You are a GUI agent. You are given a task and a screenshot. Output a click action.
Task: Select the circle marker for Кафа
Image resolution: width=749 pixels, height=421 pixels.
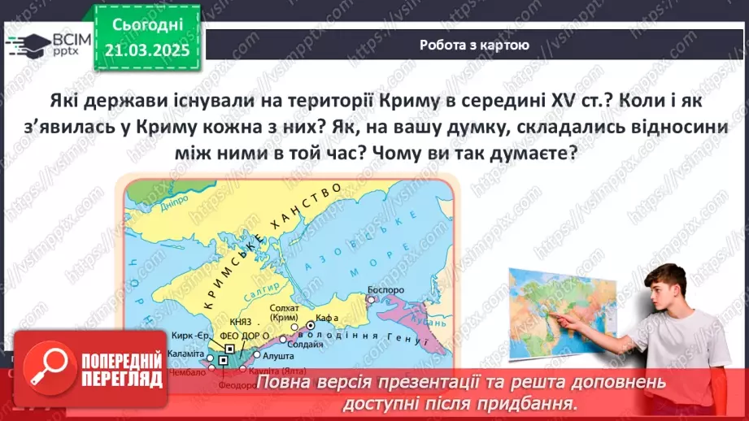point(310,325)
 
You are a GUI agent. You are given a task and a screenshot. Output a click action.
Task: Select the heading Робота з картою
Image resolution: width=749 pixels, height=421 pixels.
point(475,46)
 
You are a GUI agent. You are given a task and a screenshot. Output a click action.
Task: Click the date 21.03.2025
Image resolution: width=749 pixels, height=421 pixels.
point(146,50)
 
